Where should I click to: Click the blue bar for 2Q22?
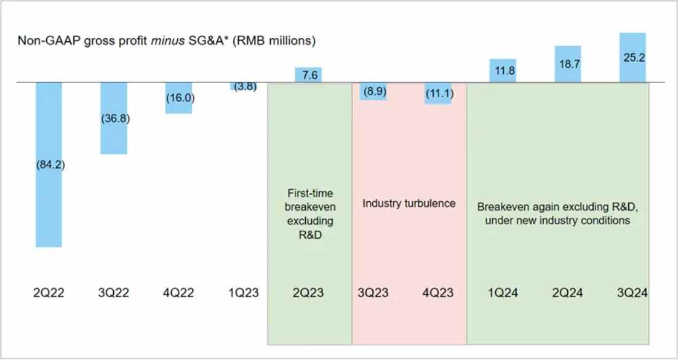coord(49,203)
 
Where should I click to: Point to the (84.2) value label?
coord(49,165)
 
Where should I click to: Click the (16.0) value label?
coord(178,98)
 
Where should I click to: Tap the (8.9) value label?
coord(373,90)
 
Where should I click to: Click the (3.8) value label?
coord(243,86)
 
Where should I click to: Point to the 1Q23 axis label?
coord(244,293)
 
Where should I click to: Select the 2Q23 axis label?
coord(309,293)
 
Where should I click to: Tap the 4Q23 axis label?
coord(439,293)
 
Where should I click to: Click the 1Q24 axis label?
coord(503,293)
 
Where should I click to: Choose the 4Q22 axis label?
coord(178,293)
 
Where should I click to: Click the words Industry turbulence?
coord(409,203)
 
